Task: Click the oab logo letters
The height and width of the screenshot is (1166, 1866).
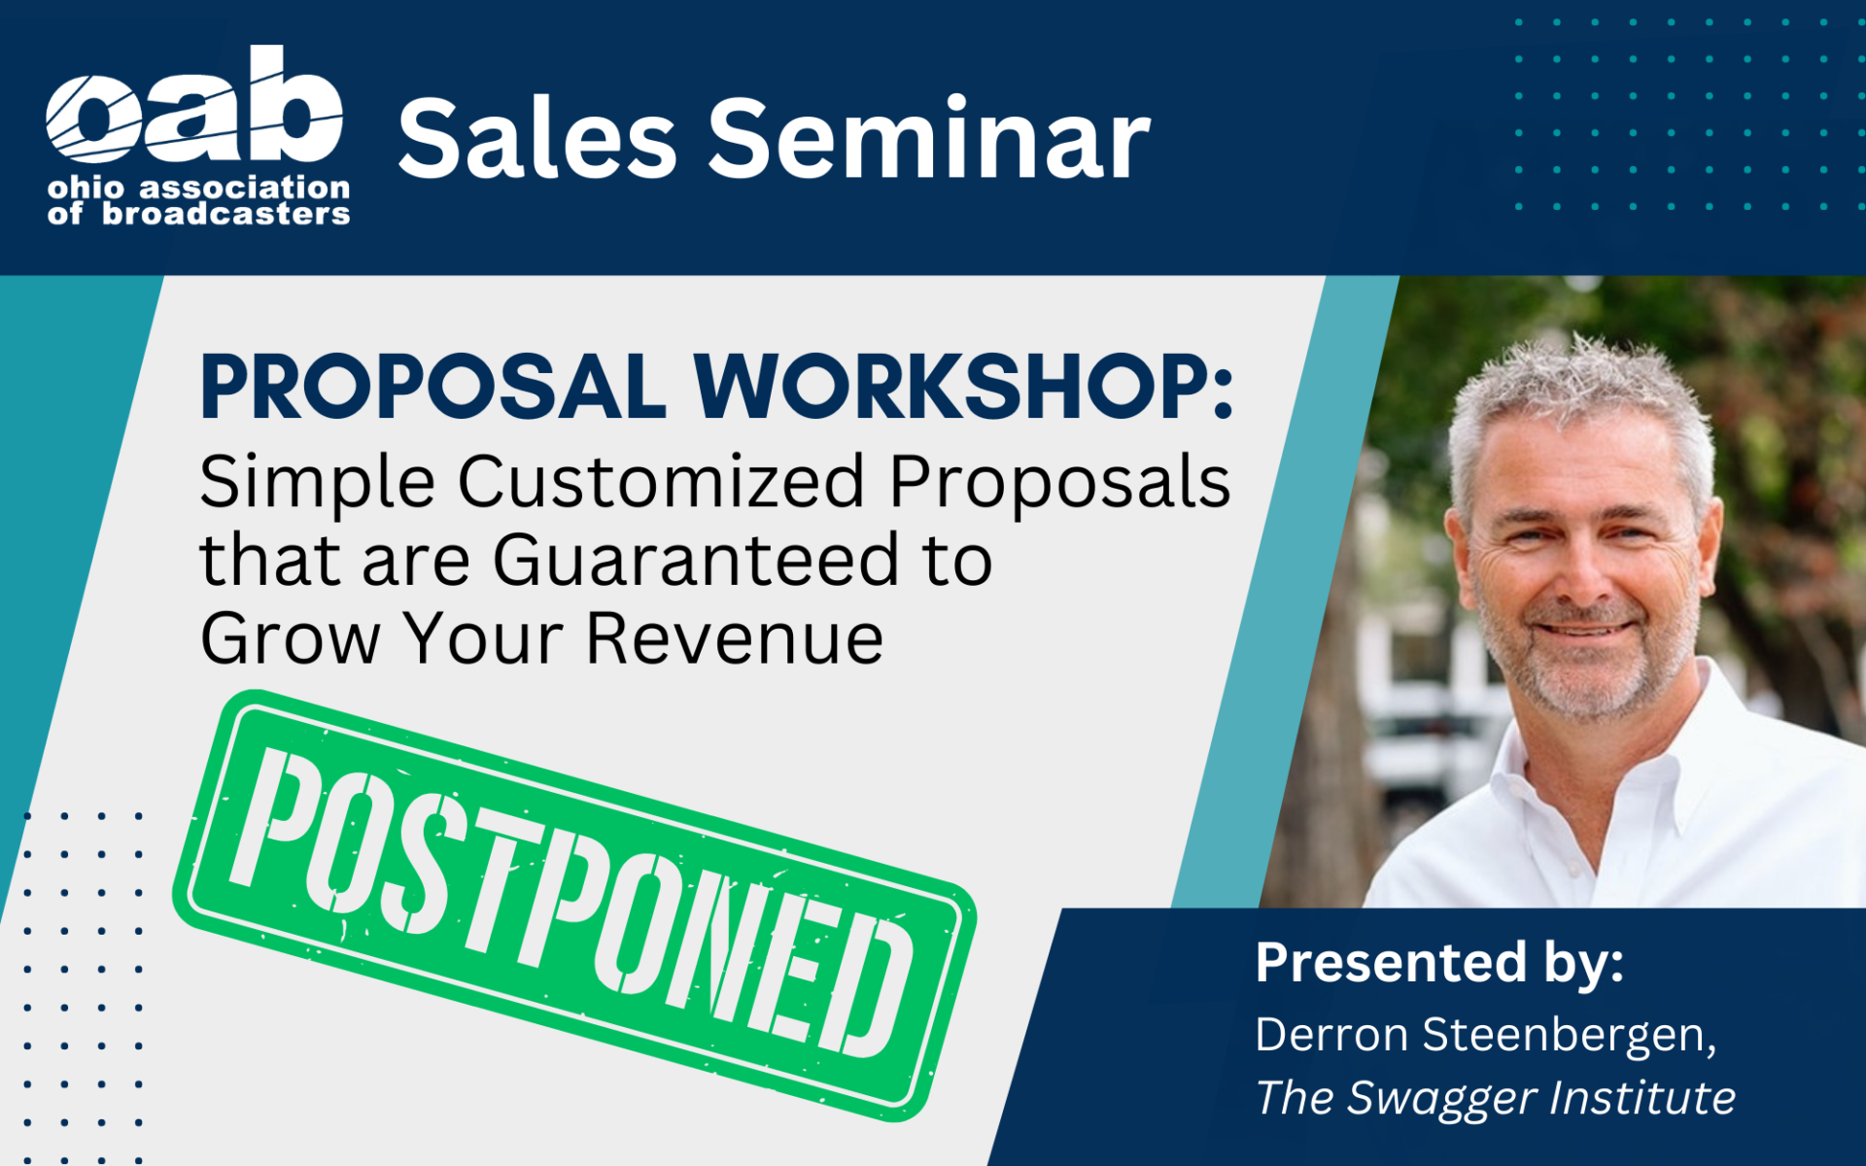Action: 194,105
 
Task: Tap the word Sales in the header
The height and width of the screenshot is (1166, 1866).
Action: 537,138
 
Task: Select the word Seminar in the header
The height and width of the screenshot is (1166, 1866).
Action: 929,138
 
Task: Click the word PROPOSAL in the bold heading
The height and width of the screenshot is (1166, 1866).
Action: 433,386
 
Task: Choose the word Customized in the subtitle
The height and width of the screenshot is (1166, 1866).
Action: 661,482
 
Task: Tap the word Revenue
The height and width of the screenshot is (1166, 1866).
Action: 735,638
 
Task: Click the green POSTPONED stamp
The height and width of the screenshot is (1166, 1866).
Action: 574,905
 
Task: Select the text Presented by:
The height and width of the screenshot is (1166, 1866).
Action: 1439,964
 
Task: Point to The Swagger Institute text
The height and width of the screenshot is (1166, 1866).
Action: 1496,1098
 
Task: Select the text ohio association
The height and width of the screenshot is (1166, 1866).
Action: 199,187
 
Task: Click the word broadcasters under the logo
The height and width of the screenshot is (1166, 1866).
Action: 226,214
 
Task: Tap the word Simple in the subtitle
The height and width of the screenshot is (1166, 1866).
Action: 317,482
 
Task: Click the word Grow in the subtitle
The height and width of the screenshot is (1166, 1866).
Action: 291,638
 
